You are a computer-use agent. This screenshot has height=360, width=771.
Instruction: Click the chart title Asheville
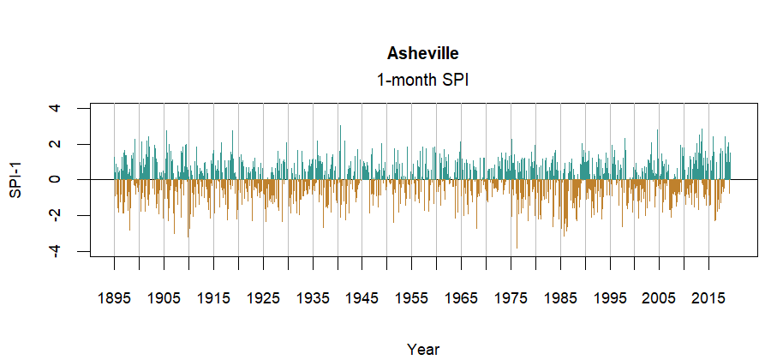coord(422,54)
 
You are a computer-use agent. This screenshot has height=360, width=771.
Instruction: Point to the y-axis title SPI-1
coord(15,179)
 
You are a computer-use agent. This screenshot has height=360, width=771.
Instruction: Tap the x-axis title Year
coord(423,349)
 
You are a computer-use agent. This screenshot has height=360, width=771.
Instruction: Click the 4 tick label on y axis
coord(56,108)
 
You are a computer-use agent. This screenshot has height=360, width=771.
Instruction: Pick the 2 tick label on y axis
coord(56,144)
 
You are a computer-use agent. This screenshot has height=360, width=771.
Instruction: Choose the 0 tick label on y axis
coord(56,179)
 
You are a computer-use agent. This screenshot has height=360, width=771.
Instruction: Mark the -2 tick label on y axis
coord(56,215)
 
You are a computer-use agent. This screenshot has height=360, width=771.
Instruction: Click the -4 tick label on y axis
coord(56,250)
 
